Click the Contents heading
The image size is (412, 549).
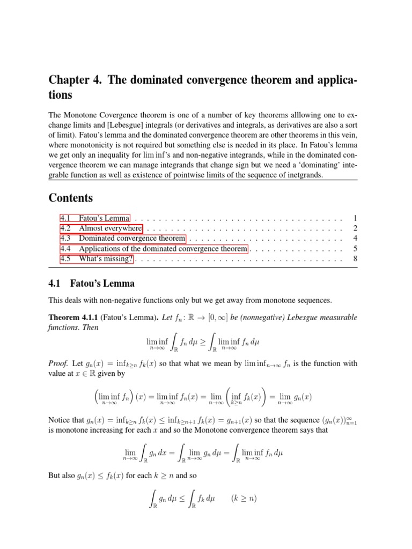71,198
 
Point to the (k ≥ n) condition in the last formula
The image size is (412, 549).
244,499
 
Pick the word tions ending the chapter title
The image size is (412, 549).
61,95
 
